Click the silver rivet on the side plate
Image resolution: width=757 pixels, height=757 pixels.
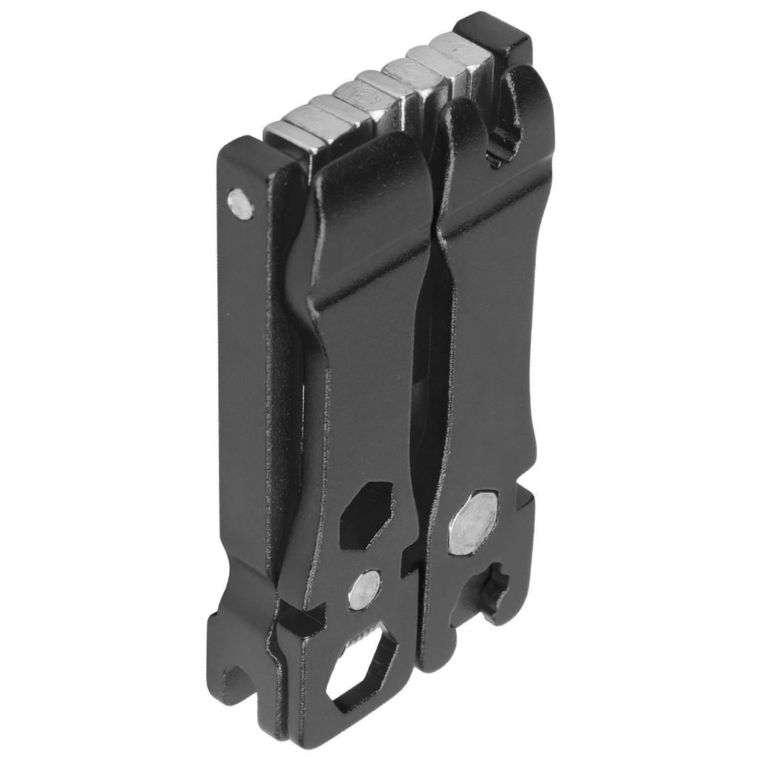[240, 203]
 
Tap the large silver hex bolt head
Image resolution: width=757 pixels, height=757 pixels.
[472, 522]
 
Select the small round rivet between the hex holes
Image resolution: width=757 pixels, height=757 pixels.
[364, 589]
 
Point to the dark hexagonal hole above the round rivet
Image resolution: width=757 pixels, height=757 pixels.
[365, 515]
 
